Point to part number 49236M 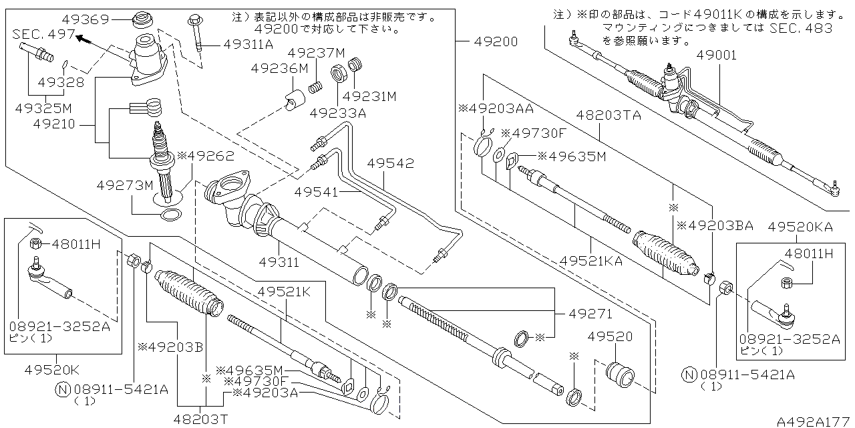tap(279, 68)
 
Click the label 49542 tap(391, 163)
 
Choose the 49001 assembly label tap(717, 56)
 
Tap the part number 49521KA tap(590, 261)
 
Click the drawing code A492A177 tap(814, 421)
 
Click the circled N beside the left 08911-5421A tap(61, 389)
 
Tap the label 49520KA tap(800, 227)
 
